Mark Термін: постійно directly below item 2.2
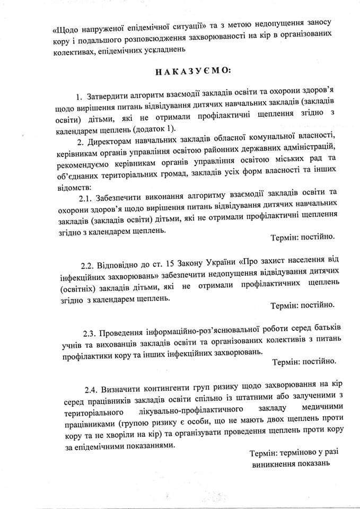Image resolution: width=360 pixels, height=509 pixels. (302, 305)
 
